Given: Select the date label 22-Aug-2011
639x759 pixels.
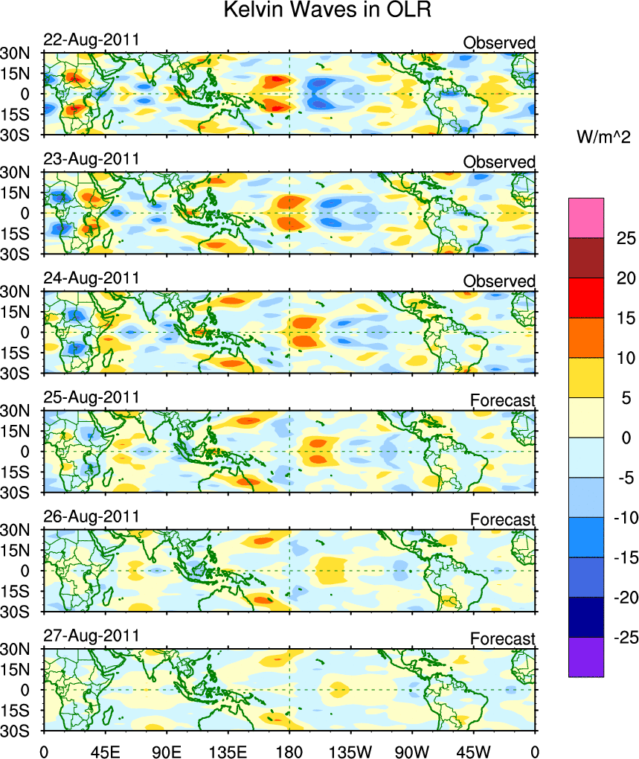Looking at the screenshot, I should [x=91, y=40].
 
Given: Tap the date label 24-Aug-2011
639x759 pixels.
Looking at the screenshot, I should [x=91, y=278].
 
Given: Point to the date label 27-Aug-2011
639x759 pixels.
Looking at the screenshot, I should [x=91, y=636].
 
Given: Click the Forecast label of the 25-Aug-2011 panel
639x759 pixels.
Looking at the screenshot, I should [x=502, y=401].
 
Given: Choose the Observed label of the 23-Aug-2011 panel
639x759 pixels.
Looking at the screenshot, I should [x=498, y=162].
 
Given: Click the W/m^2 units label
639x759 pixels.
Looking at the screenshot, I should [x=603, y=137].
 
